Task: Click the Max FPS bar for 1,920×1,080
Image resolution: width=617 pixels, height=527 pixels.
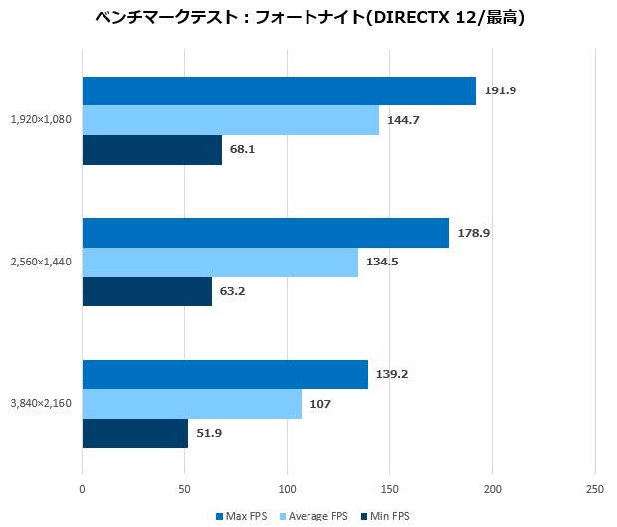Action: pyautogui.click(x=279, y=91)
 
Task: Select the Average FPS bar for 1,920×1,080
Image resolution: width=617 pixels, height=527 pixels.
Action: pyautogui.click(x=230, y=120)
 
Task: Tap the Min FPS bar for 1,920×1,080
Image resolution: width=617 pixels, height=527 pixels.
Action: pyautogui.click(x=151, y=150)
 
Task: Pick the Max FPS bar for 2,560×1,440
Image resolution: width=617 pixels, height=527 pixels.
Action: pyautogui.click(x=265, y=233)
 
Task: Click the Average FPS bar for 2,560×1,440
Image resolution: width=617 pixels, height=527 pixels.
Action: pyautogui.click(x=220, y=263)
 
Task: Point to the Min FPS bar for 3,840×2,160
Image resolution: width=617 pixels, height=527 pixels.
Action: pyautogui.click(x=134, y=434)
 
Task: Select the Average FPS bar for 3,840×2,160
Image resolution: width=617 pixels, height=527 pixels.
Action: pyautogui.click(x=191, y=404)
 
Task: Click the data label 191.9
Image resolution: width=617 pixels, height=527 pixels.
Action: pyautogui.click(x=501, y=91)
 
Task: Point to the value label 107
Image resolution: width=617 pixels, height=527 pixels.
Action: pyautogui.click(x=320, y=404)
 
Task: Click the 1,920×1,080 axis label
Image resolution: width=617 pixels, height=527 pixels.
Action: pyautogui.click(x=41, y=120)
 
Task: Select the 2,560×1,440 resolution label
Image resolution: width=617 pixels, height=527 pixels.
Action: pyautogui.click(x=41, y=263)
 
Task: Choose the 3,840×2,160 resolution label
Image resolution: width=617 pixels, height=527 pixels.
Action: pyautogui.click(x=41, y=404)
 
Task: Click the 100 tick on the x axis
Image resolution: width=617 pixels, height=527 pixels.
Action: pyautogui.click(x=287, y=489)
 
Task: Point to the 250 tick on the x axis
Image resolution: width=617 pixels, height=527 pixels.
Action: pyautogui.click(x=594, y=489)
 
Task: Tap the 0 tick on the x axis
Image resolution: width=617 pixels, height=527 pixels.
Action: pyautogui.click(x=82, y=489)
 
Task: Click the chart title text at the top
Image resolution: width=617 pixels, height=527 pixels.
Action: pyautogui.click(x=309, y=18)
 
